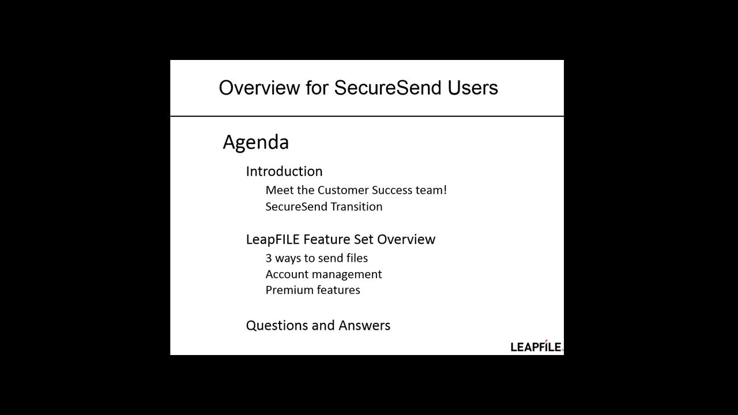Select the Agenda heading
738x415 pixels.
tap(255, 142)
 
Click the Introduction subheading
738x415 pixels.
tap(284, 171)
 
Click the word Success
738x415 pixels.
tap(392, 190)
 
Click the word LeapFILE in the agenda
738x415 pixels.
tap(273, 239)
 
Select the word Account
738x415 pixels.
tap(287, 274)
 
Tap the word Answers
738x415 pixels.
tap(364, 326)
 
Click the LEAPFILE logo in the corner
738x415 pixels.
tap(536, 346)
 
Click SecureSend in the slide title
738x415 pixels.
tap(387, 88)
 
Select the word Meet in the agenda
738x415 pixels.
tap(277, 190)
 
